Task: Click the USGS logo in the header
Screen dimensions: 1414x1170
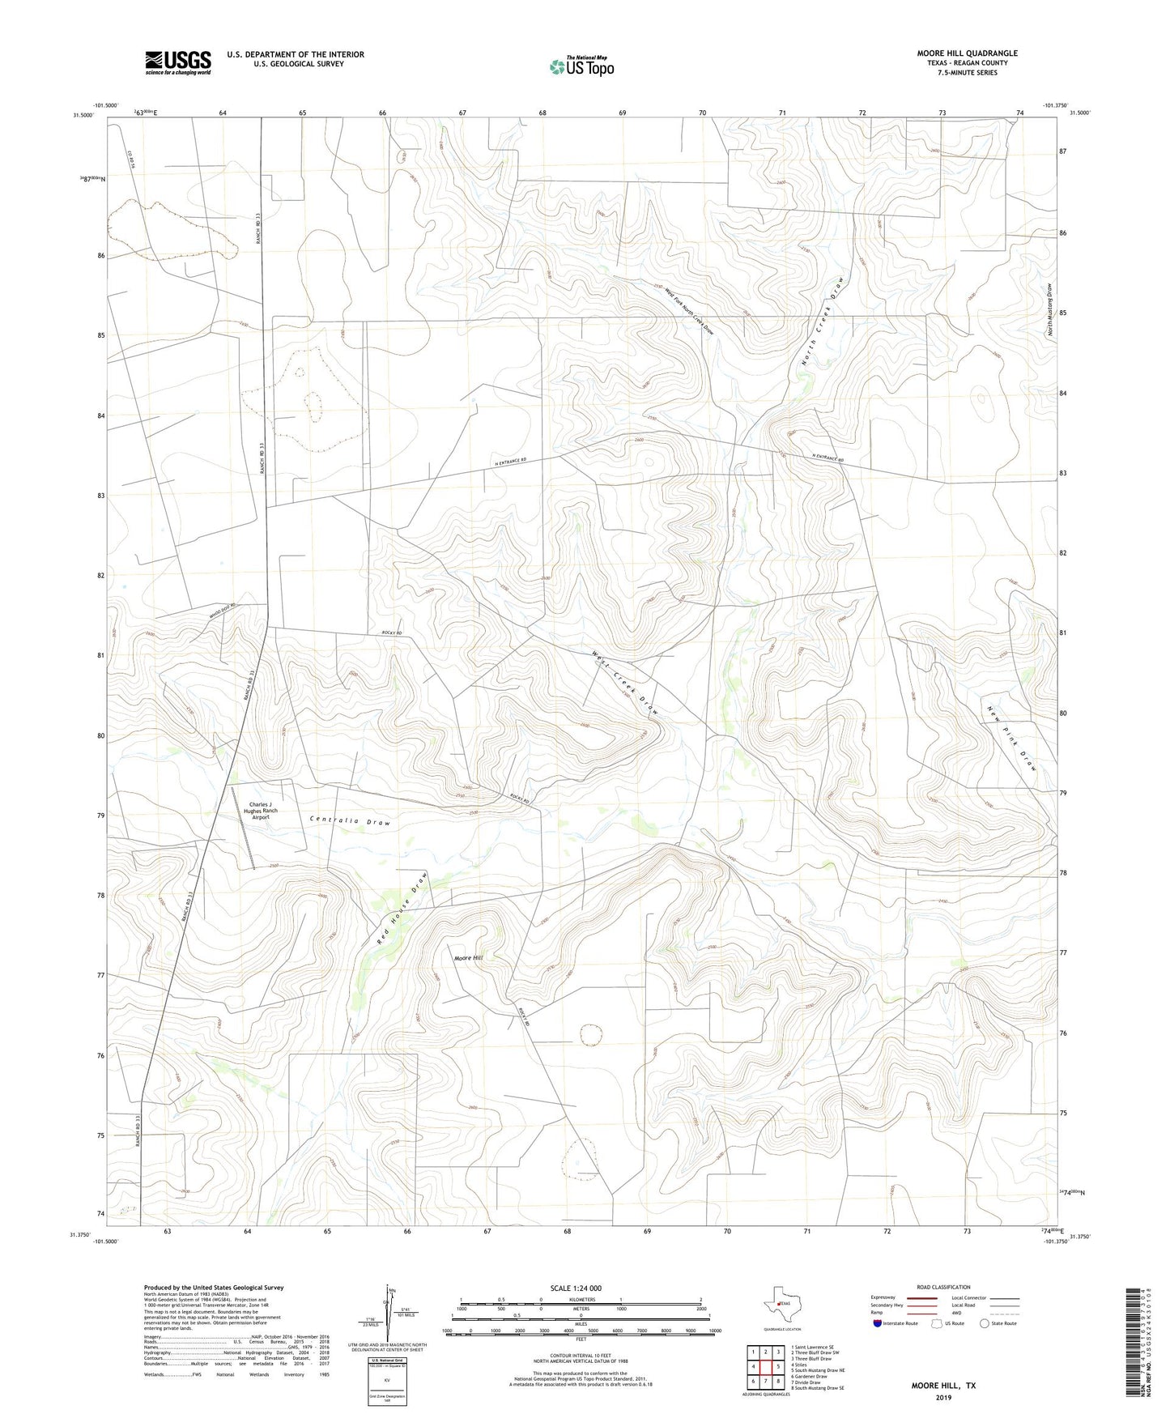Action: coord(178,62)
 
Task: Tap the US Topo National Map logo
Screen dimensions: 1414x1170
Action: coord(581,66)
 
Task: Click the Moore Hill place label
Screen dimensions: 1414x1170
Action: coord(468,958)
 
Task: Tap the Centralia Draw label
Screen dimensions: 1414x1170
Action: coord(350,821)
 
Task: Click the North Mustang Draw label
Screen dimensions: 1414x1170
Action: coord(1049,309)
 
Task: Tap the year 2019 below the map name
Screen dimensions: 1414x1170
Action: coord(943,1397)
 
